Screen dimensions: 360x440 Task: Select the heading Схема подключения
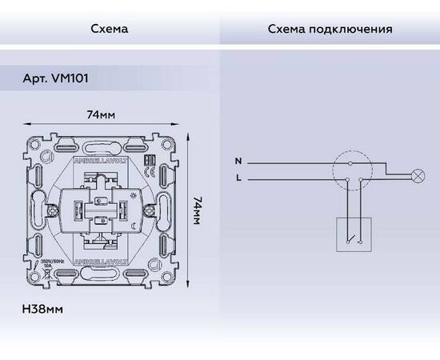point(329,30)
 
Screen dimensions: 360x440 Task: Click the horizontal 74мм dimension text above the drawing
point(101,115)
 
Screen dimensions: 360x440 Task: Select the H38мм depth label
point(43,307)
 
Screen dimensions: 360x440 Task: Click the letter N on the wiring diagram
point(237,161)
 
